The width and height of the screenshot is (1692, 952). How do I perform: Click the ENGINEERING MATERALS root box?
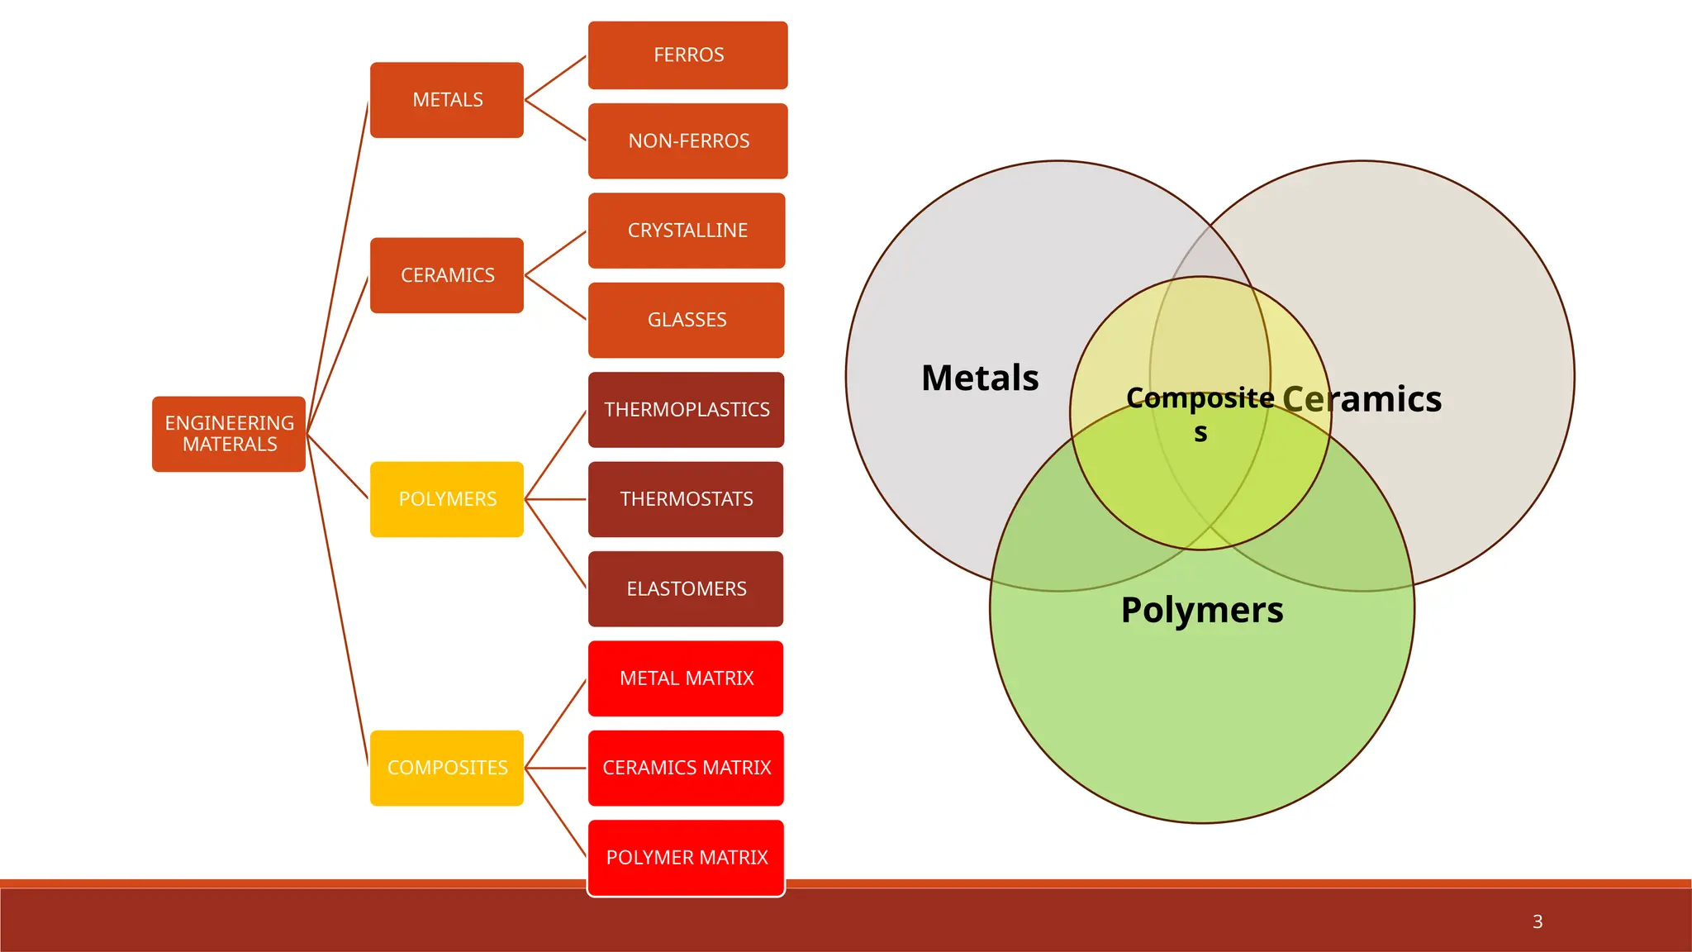(229, 434)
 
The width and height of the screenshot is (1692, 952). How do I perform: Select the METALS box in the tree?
(447, 100)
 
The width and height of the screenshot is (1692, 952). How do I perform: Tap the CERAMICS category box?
(447, 275)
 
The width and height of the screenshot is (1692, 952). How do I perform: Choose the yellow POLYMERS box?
(447, 499)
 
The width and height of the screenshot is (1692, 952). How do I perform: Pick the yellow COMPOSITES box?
(447, 768)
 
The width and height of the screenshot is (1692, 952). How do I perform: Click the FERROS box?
(687, 55)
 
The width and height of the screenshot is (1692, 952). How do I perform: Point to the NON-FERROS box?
(687, 141)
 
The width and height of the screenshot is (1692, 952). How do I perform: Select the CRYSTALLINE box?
(687, 231)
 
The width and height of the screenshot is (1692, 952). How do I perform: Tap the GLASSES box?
(686, 320)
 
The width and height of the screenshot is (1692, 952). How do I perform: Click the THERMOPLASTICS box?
(686, 410)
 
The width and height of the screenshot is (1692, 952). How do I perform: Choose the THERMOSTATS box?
(686, 499)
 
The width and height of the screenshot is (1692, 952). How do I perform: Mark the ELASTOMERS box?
(686, 589)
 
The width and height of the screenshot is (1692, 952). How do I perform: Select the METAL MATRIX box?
(686, 678)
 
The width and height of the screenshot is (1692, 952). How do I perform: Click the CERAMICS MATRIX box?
(686, 768)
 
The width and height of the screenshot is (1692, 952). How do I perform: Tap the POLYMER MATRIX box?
(686, 858)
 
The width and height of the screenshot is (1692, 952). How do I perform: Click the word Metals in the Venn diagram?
(980, 378)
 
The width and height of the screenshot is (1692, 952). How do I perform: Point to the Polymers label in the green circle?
(1202, 611)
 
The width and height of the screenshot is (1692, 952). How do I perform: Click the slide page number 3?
(1538, 921)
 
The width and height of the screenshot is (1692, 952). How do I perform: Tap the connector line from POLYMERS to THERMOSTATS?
(556, 499)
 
